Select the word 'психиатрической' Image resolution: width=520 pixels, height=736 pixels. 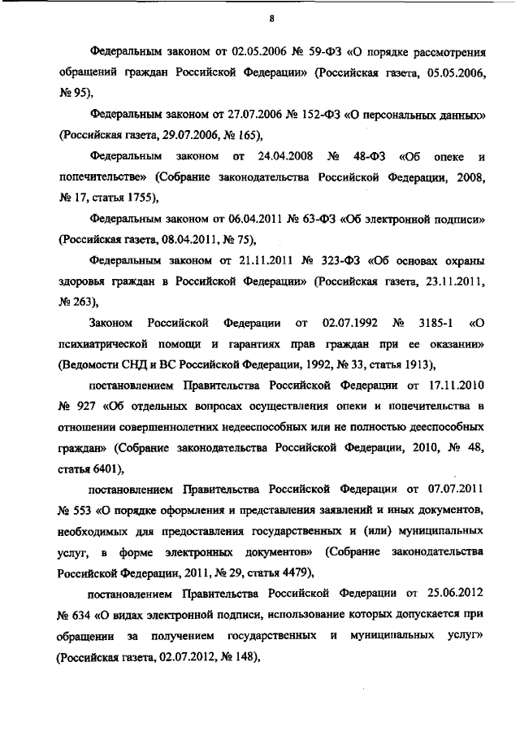pyautogui.click(x=102, y=343)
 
